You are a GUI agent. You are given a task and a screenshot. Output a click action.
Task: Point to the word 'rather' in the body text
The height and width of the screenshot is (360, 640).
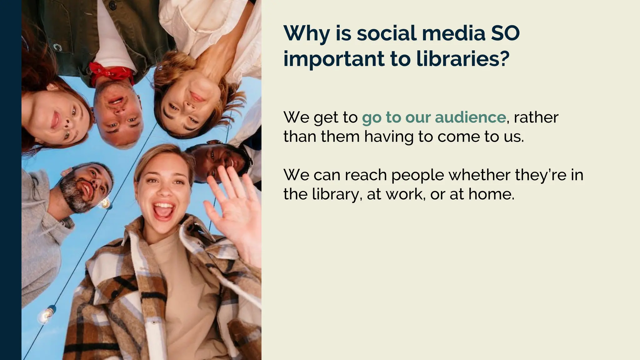point(536,117)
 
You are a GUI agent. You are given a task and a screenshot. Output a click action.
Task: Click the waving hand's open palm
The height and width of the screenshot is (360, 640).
point(236,212)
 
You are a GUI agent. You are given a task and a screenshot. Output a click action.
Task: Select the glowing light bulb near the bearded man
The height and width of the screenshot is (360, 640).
point(105,203)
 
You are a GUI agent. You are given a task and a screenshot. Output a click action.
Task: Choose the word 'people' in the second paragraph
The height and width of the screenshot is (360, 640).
point(417,175)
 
